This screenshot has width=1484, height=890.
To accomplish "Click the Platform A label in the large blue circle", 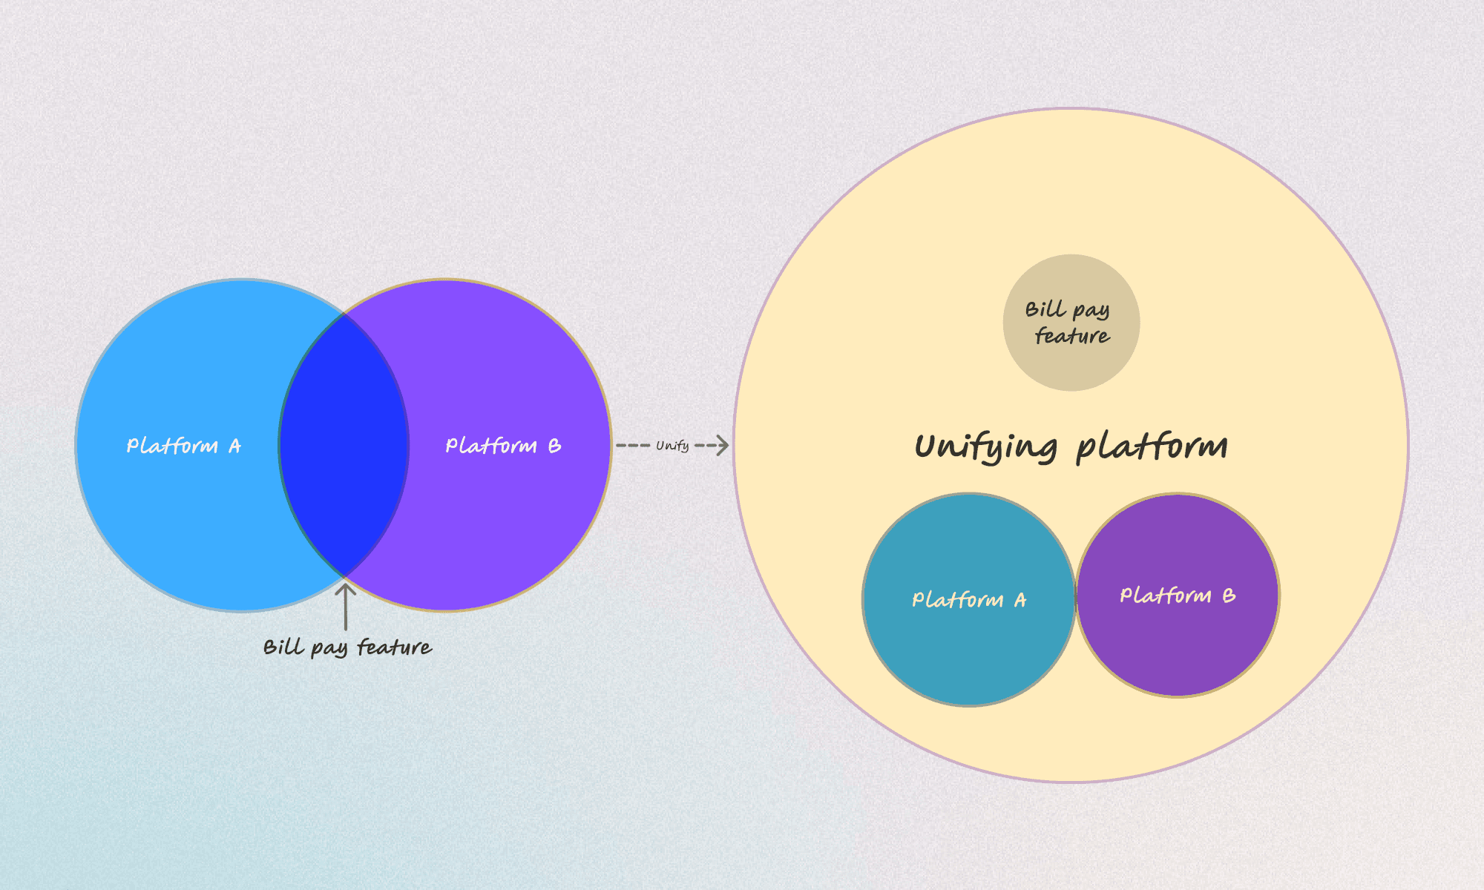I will [183, 446].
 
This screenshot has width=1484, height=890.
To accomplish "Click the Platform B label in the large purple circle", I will [502, 446].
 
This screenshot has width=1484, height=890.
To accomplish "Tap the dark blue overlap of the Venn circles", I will [344, 445].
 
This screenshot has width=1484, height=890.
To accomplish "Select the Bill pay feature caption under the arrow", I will [347, 647].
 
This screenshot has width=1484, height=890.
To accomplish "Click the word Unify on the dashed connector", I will [672, 446].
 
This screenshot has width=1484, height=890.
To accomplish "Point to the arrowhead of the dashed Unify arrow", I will [722, 445].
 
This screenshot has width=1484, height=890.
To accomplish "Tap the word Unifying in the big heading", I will [985, 447].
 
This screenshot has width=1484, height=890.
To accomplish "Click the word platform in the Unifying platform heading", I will [1152, 447].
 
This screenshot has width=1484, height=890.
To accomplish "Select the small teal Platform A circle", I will [968, 645].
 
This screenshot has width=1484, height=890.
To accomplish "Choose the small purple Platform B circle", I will [1178, 645].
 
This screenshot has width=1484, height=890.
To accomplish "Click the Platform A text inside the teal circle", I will [968, 599].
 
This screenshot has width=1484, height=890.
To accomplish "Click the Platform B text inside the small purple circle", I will [1177, 596].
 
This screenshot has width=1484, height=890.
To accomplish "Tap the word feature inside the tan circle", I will [1072, 336].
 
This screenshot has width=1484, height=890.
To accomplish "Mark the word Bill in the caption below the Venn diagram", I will [283, 647].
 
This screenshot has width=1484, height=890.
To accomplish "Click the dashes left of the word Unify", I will [633, 445].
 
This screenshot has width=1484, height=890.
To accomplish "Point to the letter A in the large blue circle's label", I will [234, 446].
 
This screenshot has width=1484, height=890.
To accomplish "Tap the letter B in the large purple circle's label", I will [554, 446].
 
